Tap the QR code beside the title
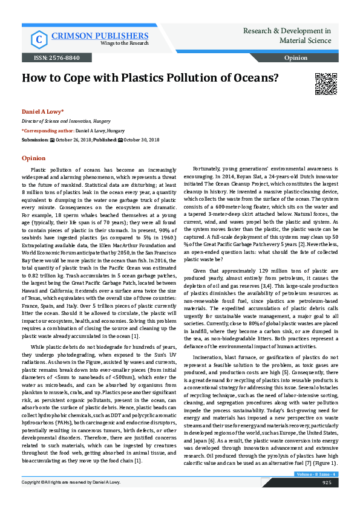(x=326, y=83)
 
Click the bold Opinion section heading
(x=33, y=158)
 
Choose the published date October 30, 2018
(x=142, y=139)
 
